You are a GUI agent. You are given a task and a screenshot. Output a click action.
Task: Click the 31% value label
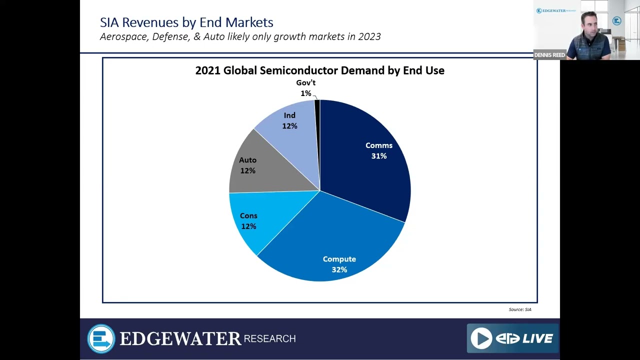[378, 156]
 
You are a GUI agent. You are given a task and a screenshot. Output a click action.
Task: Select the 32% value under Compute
[339, 269]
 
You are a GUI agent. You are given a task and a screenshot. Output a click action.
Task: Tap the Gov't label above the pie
[305, 82]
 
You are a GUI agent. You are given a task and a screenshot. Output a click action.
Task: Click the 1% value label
[305, 93]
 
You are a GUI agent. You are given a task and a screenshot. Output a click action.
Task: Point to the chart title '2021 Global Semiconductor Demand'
[319, 70]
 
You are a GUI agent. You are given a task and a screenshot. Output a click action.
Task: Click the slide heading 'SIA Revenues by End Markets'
[186, 22]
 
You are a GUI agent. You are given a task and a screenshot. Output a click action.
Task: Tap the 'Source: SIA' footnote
[520, 309]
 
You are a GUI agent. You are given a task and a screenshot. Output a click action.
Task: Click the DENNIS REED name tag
[549, 55]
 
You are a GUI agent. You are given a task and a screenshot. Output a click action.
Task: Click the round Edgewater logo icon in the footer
[101, 338]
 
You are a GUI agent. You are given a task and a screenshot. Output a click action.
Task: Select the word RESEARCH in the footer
[269, 339]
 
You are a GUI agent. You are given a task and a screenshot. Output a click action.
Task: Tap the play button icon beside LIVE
[481, 338]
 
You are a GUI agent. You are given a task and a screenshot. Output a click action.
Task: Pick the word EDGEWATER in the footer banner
[180, 339]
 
